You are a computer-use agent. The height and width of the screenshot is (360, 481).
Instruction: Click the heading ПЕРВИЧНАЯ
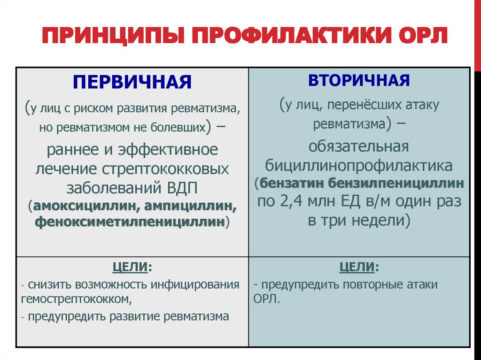pos(132,82)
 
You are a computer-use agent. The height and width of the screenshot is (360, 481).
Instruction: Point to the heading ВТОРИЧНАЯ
pos(359,80)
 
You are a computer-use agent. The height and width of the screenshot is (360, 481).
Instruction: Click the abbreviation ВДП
pos(184,188)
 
